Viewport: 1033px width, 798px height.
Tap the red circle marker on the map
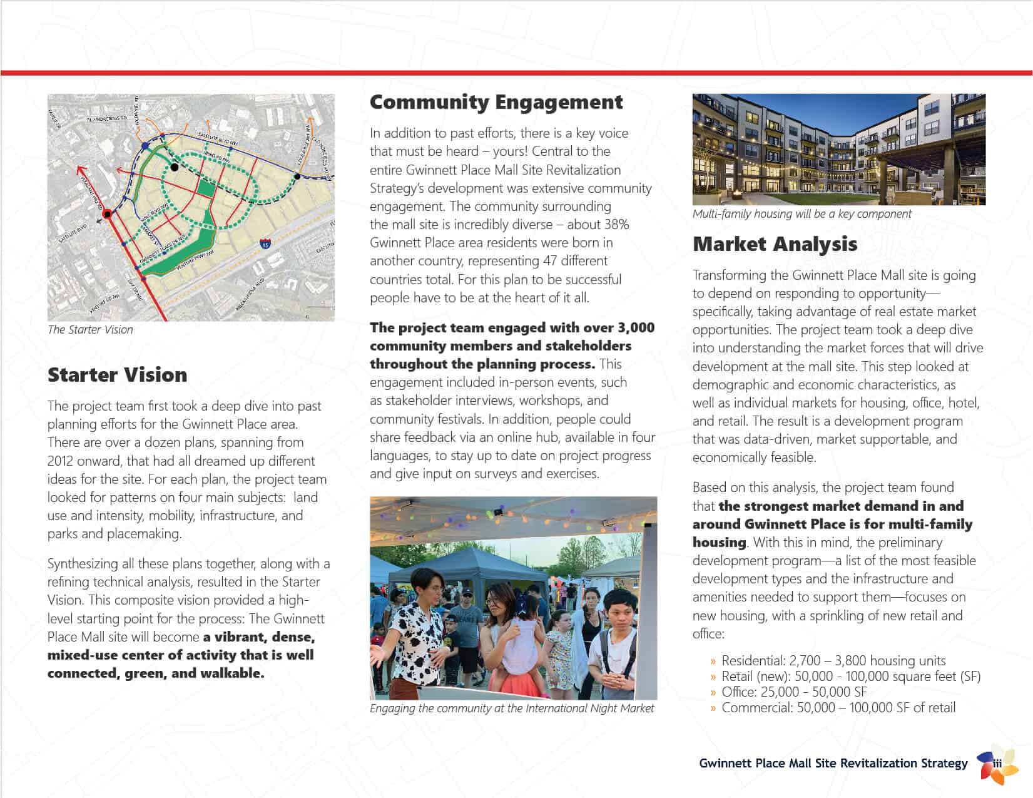tap(108, 214)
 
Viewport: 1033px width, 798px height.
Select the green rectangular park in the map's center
tap(206, 187)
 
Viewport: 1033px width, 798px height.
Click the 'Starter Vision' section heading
tap(118, 375)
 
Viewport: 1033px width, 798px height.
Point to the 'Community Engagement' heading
tap(496, 102)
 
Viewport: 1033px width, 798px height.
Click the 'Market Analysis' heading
tap(775, 244)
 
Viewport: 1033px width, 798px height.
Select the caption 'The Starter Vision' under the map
tap(91, 330)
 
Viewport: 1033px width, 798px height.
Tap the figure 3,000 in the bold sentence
tap(636, 328)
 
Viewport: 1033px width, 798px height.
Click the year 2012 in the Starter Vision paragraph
tap(60, 461)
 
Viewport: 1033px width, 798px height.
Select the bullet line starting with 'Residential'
tap(833, 661)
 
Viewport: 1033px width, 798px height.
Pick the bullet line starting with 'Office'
tap(793, 692)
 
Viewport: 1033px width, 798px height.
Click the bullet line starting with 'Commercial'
tap(838, 708)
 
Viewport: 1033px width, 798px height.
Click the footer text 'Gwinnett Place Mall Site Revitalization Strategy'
tap(833, 764)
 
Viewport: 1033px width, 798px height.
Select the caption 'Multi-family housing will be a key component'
tap(801, 214)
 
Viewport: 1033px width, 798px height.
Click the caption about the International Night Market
tap(511, 708)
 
